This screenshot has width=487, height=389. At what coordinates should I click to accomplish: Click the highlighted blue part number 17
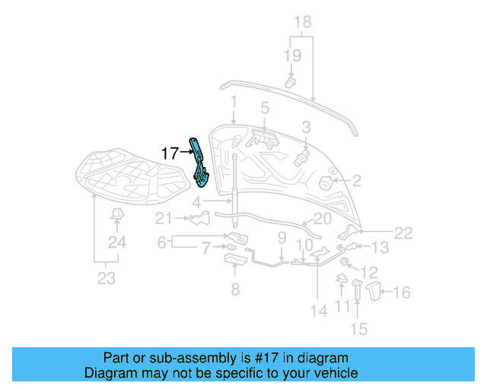coord(199,163)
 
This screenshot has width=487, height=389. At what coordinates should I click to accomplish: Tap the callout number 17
coord(170,153)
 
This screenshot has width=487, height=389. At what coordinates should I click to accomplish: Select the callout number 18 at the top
coord(302,21)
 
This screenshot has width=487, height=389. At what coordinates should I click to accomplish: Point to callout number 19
coord(292,55)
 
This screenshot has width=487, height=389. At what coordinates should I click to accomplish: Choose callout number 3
coord(306,127)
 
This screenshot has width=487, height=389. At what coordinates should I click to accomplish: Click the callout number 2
coord(356,181)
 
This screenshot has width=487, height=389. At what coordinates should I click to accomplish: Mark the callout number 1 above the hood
coord(234,101)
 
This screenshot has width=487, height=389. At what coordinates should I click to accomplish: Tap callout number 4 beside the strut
coord(196,203)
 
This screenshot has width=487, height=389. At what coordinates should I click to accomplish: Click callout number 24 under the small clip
coord(116,243)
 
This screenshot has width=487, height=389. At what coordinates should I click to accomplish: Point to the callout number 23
coord(107,278)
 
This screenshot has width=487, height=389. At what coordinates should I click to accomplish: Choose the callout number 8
coord(234,289)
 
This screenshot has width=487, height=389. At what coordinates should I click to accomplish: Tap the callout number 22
coord(403,233)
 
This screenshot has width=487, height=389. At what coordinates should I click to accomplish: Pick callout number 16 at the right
coord(403,292)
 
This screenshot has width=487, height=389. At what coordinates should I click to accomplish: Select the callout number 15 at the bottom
coord(358,328)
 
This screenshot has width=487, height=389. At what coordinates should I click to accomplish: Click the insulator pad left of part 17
coord(134,176)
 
